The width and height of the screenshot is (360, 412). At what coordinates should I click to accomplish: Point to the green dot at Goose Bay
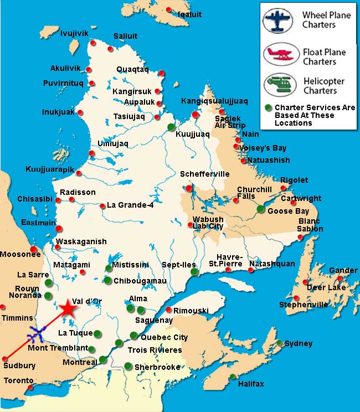[261, 209]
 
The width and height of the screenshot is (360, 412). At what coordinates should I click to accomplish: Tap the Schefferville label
[204, 174]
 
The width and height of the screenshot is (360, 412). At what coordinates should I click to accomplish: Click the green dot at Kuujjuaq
[171, 126]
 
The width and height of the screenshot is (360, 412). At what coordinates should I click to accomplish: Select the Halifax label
[251, 384]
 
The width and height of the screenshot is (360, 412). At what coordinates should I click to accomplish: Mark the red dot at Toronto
[30, 388]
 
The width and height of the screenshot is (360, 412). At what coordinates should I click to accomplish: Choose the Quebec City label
[164, 337]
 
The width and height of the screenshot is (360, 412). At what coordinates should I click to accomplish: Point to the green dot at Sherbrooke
[128, 365]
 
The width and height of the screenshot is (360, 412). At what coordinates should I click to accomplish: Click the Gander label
[343, 270]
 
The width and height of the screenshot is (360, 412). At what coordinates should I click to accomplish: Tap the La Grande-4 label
[130, 205]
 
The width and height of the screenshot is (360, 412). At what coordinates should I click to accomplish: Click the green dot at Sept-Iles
[193, 272]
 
